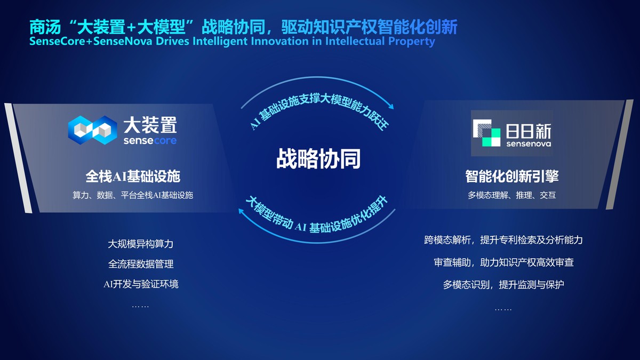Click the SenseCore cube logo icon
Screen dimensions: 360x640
tap(92, 130)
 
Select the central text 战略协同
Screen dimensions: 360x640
tap(318, 158)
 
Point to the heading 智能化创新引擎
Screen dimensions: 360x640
tap(511, 176)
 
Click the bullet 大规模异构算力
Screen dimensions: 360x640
tap(141, 244)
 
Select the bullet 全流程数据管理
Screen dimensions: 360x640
tap(141, 264)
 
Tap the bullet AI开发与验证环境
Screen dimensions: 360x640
tap(141, 284)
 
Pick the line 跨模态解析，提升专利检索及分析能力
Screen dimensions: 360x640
tap(503, 240)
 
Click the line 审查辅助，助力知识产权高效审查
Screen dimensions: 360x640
tap(503, 262)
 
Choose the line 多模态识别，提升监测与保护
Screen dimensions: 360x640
tap(503, 285)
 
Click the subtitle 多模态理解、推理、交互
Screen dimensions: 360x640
tap(511, 195)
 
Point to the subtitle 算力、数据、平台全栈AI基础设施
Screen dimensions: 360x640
tap(133, 195)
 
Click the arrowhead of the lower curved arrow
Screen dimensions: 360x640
tap(241, 212)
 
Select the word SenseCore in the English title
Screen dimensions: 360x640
tap(57, 41)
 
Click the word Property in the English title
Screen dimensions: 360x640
tap(412, 41)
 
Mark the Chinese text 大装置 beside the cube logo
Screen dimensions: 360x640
tap(150, 126)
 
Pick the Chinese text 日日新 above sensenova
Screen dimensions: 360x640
tap(528, 130)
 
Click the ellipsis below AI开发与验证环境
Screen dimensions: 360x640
tap(140, 306)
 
